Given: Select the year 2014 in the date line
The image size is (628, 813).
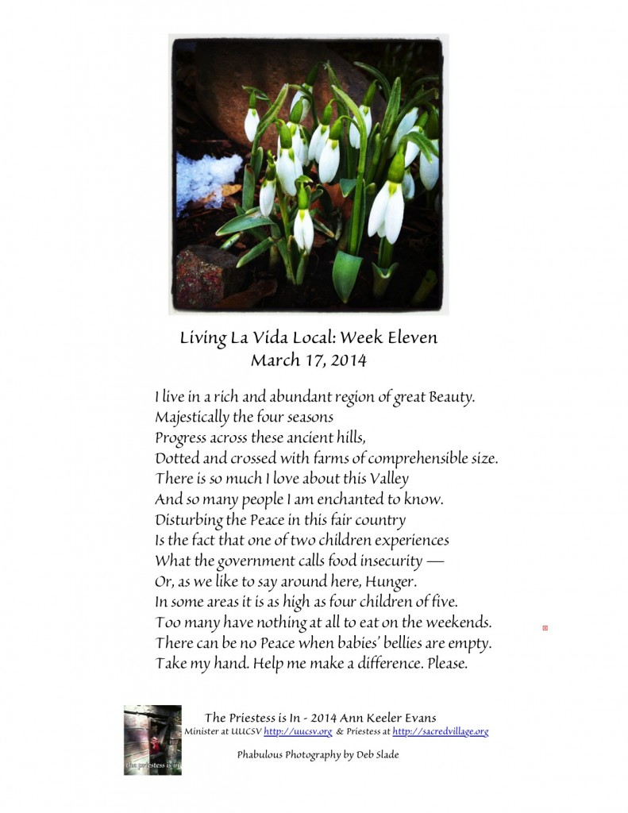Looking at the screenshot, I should pyautogui.click(x=350, y=360).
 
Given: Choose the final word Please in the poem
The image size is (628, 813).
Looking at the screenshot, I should pyautogui.click(x=447, y=664).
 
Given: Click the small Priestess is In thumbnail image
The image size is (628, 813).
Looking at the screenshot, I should pyautogui.click(x=152, y=740).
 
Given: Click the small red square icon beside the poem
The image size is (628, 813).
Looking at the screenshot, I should pyautogui.click(x=545, y=628).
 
